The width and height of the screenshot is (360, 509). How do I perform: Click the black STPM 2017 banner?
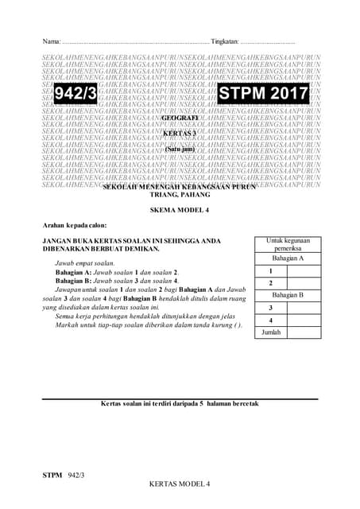(x=263, y=95)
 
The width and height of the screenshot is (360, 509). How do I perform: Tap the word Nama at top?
(x=51, y=41)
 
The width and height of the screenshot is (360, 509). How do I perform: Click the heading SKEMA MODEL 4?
(x=179, y=209)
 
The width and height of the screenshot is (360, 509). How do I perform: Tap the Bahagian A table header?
(x=288, y=258)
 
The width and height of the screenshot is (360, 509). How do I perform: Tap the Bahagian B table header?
(x=288, y=295)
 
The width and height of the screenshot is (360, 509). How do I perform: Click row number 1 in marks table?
(x=271, y=271)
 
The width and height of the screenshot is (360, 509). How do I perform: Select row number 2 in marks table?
(x=271, y=283)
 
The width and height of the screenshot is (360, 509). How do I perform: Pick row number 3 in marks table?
(x=271, y=308)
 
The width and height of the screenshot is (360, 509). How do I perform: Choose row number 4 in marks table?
(x=271, y=320)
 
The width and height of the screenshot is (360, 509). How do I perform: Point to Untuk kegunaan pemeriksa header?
(x=288, y=243)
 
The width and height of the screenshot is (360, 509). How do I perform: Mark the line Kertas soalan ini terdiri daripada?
(x=180, y=403)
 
